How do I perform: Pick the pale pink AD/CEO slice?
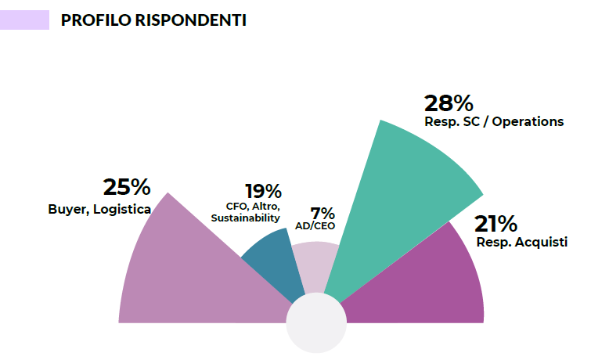(317, 266)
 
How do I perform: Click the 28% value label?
(449, 103)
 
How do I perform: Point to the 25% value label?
(126, 187)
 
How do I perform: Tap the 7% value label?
(323, 214)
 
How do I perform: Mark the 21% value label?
(495, 224)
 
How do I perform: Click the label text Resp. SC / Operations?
(494, 122)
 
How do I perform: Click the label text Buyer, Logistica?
(99, 209)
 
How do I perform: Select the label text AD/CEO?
(315, 226)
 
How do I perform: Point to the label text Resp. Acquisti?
(522, 242)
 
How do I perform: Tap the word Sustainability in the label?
(245, 218)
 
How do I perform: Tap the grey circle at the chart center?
(316, 323)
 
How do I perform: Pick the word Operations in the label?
(529, 122)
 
